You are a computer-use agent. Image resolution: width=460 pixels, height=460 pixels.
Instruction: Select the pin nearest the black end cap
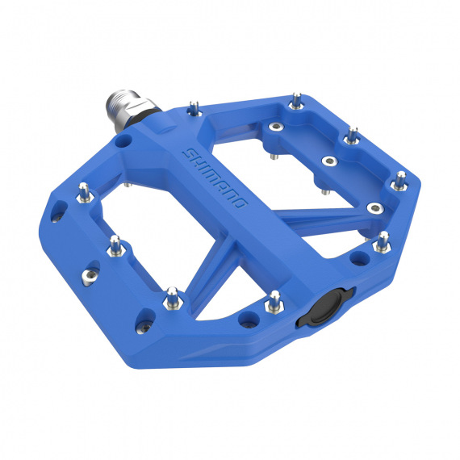[274, 299]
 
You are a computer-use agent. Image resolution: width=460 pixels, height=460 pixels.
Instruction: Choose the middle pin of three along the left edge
[115, 242]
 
